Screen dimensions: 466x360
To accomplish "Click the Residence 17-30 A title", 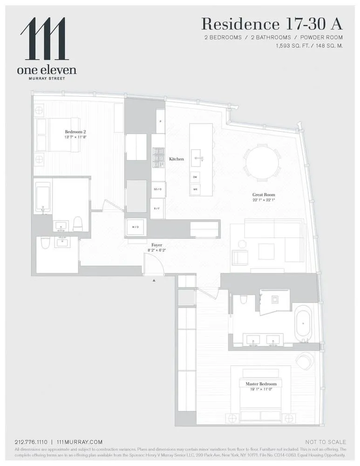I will [x=272, y=24].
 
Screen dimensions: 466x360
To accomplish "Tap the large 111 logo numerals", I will [x=45, y=39].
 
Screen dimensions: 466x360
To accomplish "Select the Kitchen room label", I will [x=176, y=159].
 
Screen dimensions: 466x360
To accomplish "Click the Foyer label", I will [x=156, y=244].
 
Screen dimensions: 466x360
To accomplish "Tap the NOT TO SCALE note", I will [x=326, y=442].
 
